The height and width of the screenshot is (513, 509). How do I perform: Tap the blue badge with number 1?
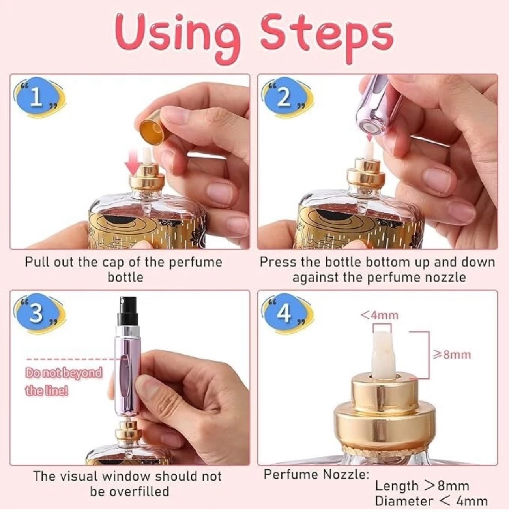click(x=37, y=98)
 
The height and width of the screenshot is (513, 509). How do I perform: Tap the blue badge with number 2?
click(x=285, y=98)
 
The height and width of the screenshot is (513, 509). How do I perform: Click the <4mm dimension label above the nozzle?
click(x=379, y=316)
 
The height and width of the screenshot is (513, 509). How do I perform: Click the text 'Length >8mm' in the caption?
click(x=422, y=486)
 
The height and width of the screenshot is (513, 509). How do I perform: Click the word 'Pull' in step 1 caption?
click(x=37, y=263)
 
